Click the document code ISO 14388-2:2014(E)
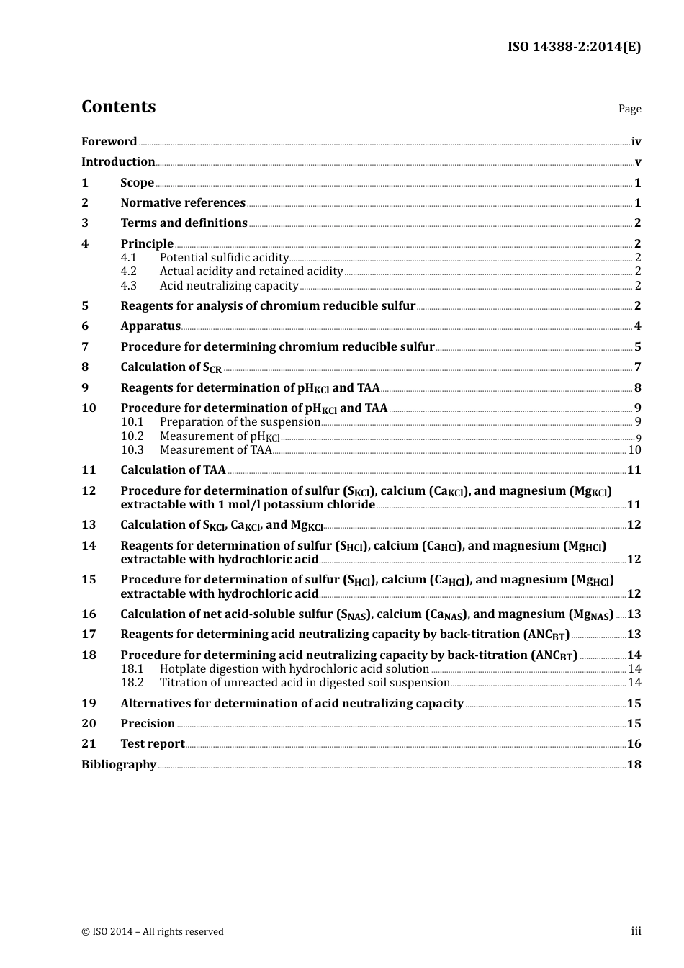pyautogui.click(x=574, y=48)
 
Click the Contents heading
pyautogui.click(x=118, y=107)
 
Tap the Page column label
pyautogui.click(x=629, y=109)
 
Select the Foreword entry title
pyautogui.click(x=109, y=142)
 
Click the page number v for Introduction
pyautogui.click(x=637, y=162)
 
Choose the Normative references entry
pyautogui.click(x=183, y=203)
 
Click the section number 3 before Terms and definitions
pyautogui.click(x=85, y=223)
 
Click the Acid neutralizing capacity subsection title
pyautogui.click(x=229, y=286)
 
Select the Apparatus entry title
pyautogui.click(x=150, y=326)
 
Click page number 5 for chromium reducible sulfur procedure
pyautogui.click(x=637, y=347)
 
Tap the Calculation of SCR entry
pyautogui.click(x=171, y=367)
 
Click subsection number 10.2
pyautogui.click(x=132, y=436)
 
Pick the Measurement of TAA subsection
pyautogui.click(x=216, y=450)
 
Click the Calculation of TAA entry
pyautogui.click(x=173, y=470)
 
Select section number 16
pyautogui.click(x=89, y=614)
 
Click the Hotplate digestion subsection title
pyautogui.click(x=294, y=669)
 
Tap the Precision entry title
pyautogui.click(x=148, y=724)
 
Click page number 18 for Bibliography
pyautogui.click(x=634, y=765)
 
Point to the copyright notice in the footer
pyautogui.click(x=153, y=932)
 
